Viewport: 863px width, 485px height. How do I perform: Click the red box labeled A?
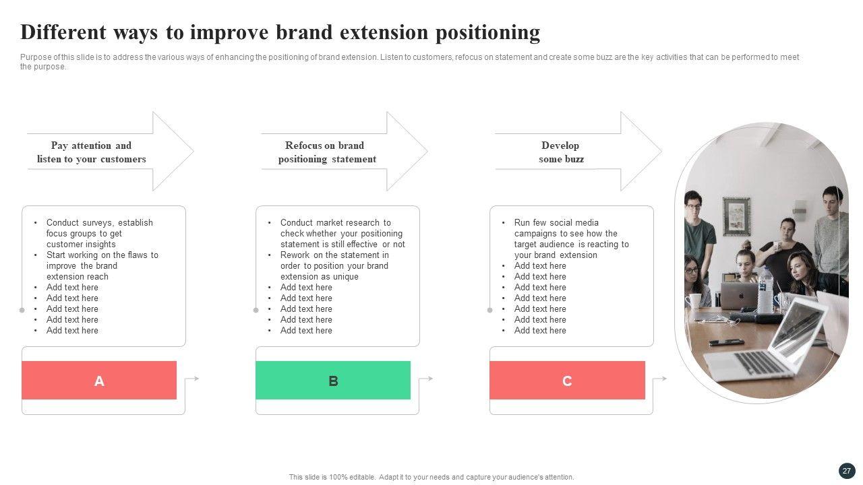(99, 380)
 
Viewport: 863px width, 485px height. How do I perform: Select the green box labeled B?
(333, 380)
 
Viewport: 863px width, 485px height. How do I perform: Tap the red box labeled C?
(567, 380)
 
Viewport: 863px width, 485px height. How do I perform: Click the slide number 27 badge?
(846, 471)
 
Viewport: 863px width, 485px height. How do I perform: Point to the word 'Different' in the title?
(63, 32)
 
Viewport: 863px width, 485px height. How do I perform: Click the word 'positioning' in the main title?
(487, 33)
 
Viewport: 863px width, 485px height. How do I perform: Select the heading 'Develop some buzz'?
(561, 152)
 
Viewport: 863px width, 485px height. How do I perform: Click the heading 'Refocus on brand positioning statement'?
(327, 152)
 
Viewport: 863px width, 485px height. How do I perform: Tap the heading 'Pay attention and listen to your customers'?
(91, 152)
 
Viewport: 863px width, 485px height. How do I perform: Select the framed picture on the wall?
(736, 216)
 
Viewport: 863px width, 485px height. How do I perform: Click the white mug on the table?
(694, 301)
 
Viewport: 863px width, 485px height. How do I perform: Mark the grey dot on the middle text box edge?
(256, 311)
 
